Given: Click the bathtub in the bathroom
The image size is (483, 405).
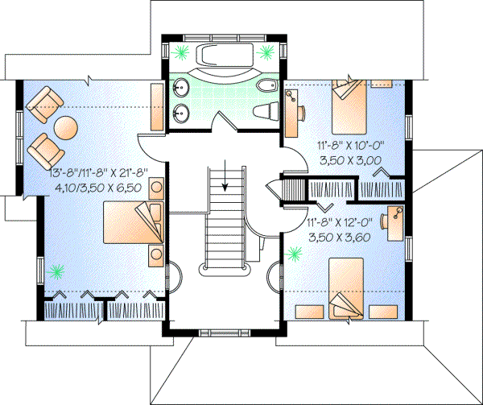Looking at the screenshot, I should click(x=223, y=58).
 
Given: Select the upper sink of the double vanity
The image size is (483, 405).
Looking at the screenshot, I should click(x=181, y=86).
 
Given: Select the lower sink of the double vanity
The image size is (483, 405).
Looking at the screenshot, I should click(x=181, y=112).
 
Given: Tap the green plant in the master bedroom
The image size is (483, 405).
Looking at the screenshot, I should click(x=56, y=271).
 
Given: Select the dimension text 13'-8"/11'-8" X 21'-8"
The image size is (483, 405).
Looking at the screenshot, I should click(x=91, y=173).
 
